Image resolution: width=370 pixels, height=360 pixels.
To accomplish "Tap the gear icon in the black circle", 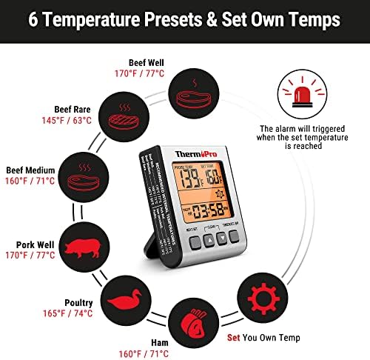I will pos(262,299).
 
